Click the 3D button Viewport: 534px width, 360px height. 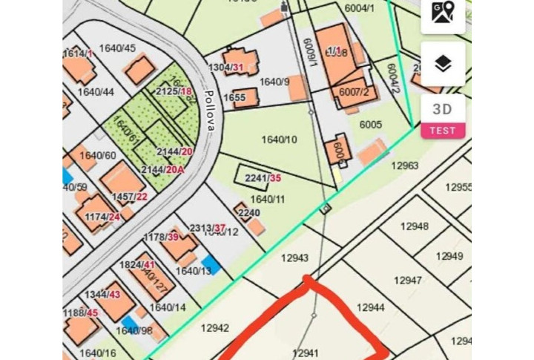443,109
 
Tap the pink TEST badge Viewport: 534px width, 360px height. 443,131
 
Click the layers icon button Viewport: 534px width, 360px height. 443,64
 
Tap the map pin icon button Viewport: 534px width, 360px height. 443,13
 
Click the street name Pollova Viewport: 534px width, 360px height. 209,111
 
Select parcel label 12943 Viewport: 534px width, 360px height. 294,258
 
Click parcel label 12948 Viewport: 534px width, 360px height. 414,226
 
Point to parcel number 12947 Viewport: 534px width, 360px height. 407,281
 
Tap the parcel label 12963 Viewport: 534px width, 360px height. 405,166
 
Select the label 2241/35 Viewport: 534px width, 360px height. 263,178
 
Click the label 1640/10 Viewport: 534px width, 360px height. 279,139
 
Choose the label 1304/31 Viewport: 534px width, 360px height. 226,68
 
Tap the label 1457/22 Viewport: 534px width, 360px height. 130,197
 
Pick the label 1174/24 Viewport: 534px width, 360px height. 102,217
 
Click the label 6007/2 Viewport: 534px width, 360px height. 354,92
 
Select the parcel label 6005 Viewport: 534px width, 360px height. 371,125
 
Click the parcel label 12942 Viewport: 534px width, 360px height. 214,327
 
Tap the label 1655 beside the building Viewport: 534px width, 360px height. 234,97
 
